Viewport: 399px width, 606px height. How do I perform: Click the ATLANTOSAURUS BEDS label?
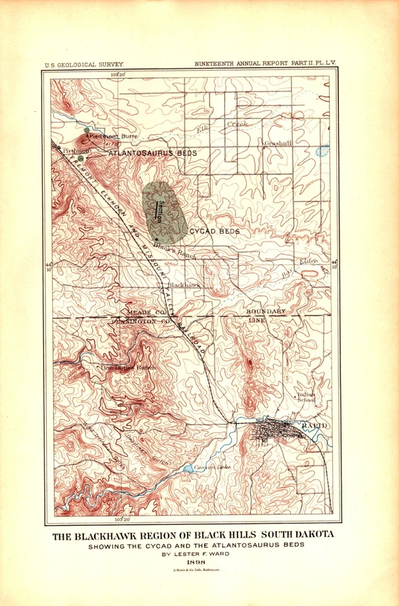click(152, 153)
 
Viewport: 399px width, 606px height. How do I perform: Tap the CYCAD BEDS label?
click(215, 232)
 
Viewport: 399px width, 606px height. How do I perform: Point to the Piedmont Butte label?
click(112, 136)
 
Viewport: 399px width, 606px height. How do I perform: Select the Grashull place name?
click(278, 143)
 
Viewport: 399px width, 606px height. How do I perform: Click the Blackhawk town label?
click(185, 285)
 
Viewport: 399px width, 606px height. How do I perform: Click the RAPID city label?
click(314, 427)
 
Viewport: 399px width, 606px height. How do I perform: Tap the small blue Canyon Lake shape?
click(189, 469)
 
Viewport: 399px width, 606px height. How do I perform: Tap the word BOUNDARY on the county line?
click(266, 312)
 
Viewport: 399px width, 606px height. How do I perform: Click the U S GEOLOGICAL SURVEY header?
click(84, 64)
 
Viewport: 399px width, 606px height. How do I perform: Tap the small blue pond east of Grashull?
click(323, 151)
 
